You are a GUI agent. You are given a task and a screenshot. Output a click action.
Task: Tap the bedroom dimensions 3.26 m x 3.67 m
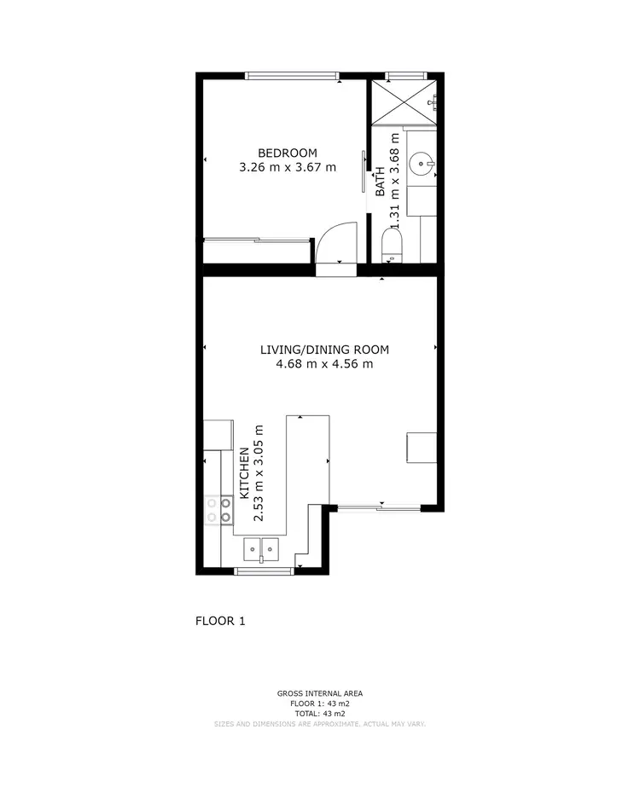288,168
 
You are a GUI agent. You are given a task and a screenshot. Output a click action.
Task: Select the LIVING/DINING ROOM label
324,350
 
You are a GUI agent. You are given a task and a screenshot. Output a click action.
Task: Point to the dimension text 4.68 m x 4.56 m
324,364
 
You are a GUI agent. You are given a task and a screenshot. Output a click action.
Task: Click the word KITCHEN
244,472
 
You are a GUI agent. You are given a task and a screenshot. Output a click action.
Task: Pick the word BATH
381,182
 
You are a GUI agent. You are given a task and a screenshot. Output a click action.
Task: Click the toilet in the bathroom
392,247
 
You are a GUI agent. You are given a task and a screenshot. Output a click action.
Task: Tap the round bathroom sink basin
422,163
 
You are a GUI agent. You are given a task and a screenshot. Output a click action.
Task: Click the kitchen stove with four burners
219,510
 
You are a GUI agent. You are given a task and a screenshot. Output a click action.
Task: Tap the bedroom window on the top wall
292,76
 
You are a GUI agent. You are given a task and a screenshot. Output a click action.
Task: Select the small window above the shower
404,76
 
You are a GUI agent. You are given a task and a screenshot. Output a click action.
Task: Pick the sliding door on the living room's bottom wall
379,509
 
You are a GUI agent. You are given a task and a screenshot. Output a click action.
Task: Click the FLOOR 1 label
220,621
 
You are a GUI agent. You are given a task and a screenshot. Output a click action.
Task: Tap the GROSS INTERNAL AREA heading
319,694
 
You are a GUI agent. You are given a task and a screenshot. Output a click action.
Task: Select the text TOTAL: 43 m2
319,714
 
